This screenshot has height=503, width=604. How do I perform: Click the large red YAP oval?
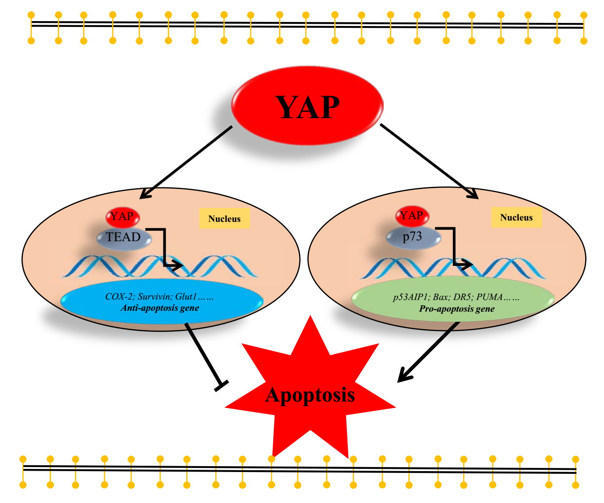click(307, 106)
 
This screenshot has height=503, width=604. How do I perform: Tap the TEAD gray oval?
click(124, 238)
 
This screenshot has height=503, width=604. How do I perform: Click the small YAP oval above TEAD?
click(123, 217)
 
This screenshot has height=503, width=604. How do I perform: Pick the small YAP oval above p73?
click(412, 216)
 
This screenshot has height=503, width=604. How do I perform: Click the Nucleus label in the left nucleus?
click(224, 219)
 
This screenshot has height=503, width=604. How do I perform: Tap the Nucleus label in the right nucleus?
click(516, 217)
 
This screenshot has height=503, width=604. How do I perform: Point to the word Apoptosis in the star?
click(310, 395)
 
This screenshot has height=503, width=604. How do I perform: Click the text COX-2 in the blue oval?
click(119, 296)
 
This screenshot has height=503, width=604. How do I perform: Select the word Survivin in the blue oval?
click(154, 296)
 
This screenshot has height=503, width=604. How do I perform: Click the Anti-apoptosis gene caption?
click(160, 308)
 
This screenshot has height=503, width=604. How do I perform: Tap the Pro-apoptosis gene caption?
click(457, 309)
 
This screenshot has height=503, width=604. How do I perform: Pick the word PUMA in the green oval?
click(489, 297)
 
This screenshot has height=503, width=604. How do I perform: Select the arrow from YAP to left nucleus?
click(186, 162)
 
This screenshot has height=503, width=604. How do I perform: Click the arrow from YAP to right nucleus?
click(429, 162)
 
